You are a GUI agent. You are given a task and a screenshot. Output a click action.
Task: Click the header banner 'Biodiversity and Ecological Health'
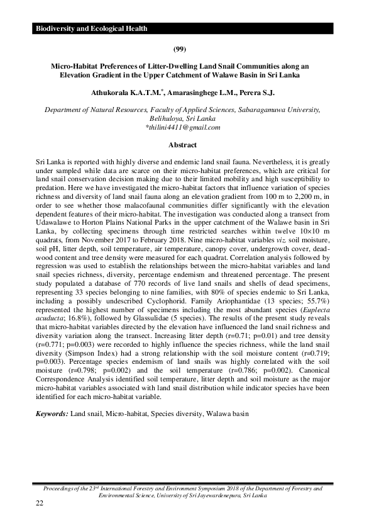pyautogui.click(x=92, y=29)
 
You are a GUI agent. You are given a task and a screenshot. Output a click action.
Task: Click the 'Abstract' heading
pyautogui.click(x=187, y=144)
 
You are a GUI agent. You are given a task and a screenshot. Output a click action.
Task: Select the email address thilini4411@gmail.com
pyautogui.click(x=184, y=127)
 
